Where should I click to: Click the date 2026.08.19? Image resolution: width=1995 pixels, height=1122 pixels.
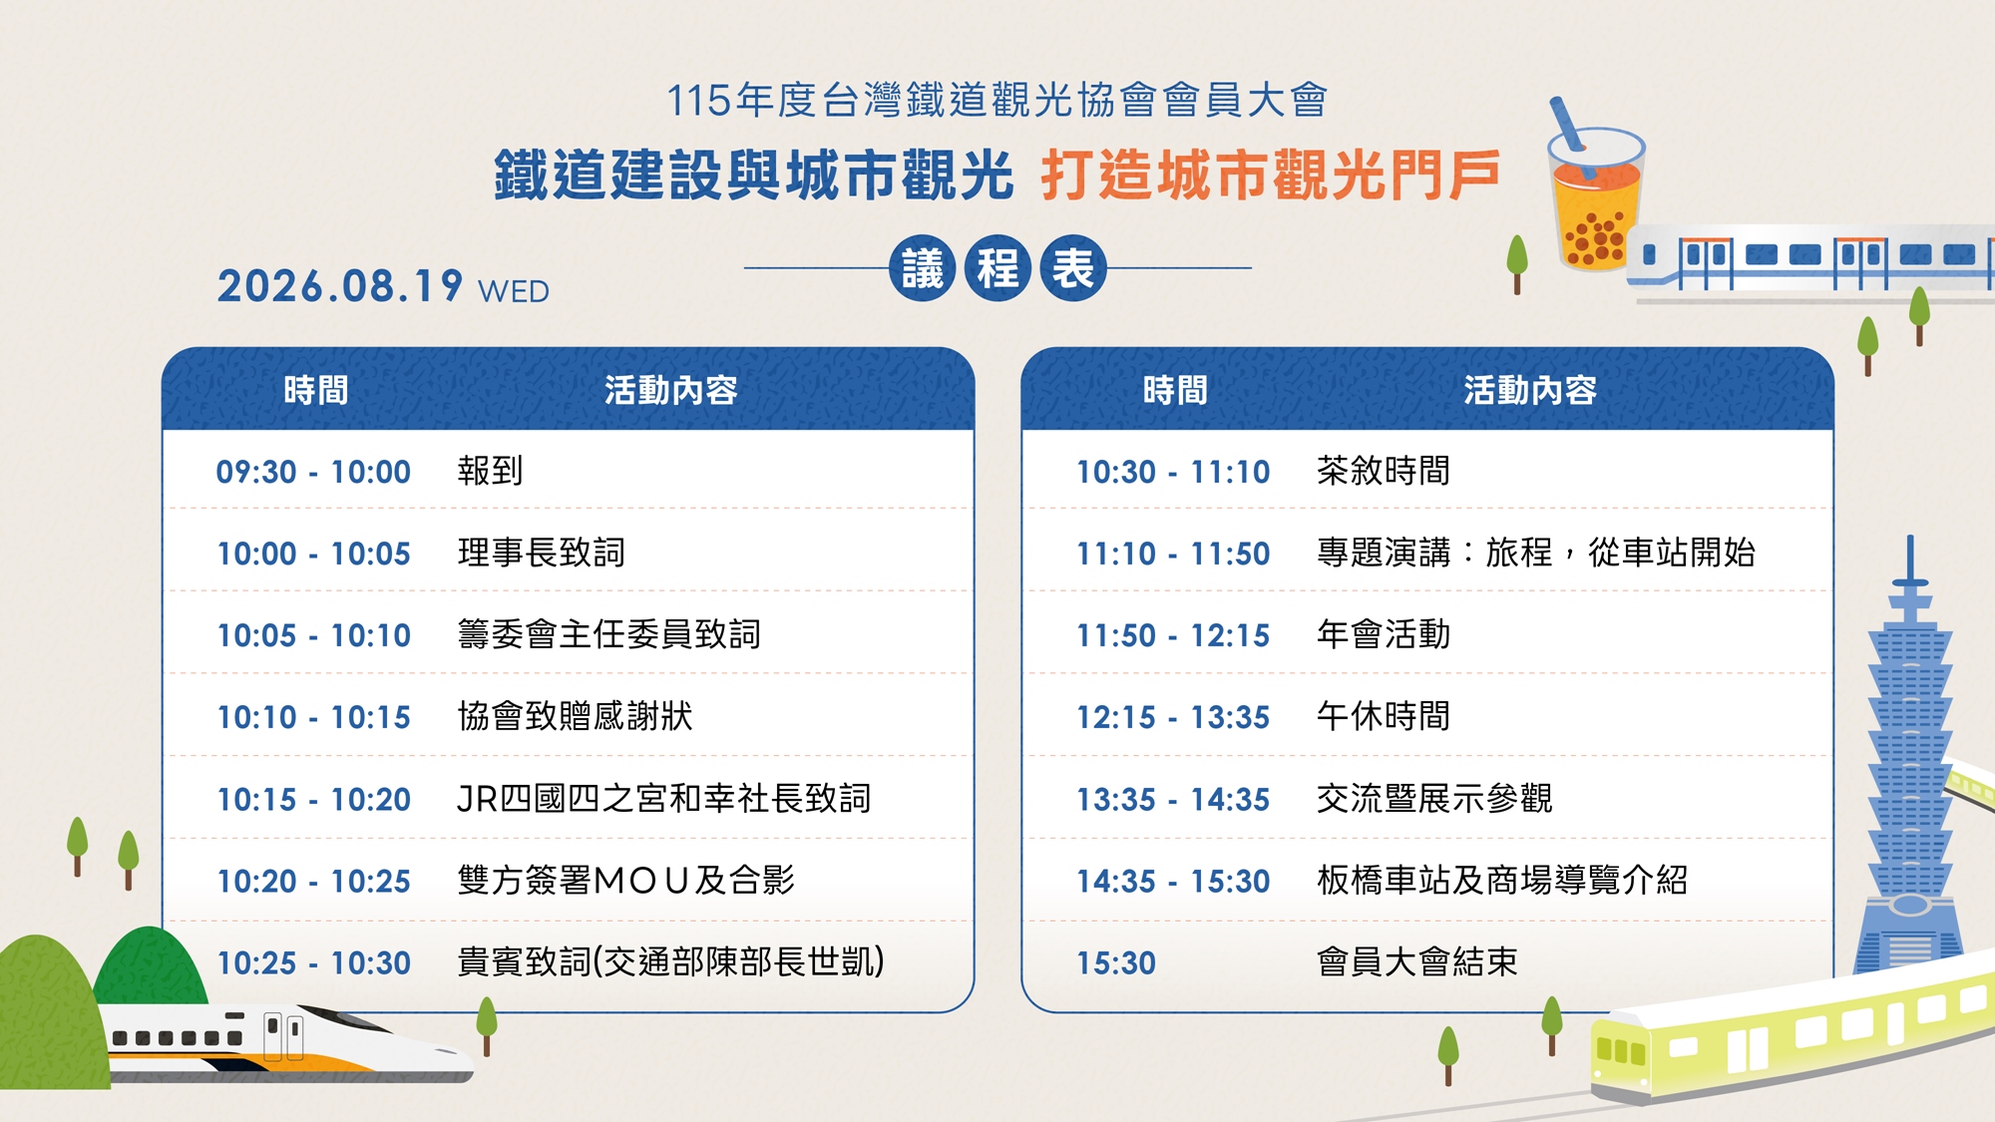(x=340, y=286)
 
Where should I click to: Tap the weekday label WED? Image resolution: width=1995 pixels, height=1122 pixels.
(x=514, y=291)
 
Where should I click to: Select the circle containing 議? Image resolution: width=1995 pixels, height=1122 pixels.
(x=923, y=268)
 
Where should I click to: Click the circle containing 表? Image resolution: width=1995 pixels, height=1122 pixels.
(x=1073, y=268)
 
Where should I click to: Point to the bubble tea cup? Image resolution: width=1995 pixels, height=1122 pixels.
(x=1596, y=199)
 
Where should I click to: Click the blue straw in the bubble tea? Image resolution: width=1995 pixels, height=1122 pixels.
(x=1567, y=125)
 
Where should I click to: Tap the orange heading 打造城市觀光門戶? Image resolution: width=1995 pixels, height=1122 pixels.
(x=1270, y=176)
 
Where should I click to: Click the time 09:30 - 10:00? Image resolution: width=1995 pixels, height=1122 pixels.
(x=313, y=472)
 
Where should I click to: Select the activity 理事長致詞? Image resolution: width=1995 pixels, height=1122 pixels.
(x=541, y=553)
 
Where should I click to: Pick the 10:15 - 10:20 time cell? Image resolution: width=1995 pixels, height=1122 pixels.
(x=313, y=800)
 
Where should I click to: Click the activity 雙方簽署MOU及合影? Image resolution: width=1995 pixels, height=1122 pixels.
(x=625, y=881)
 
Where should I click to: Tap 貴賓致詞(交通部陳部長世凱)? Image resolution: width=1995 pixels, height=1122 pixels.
(x=670, y=962)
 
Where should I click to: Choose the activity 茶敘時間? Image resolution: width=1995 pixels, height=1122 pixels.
(x=1384, y=471)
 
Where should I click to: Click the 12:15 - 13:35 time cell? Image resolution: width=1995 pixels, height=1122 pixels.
(x=1173, y=718)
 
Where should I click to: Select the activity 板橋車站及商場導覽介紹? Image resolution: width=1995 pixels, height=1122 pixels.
(x=1502, y=881)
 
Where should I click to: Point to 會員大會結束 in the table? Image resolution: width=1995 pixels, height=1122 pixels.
(x=1417, y=962)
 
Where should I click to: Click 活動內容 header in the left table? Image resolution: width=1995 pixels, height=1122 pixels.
(x=670, y=390)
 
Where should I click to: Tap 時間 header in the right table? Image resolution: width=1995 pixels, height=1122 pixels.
(x=1175, y=390)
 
